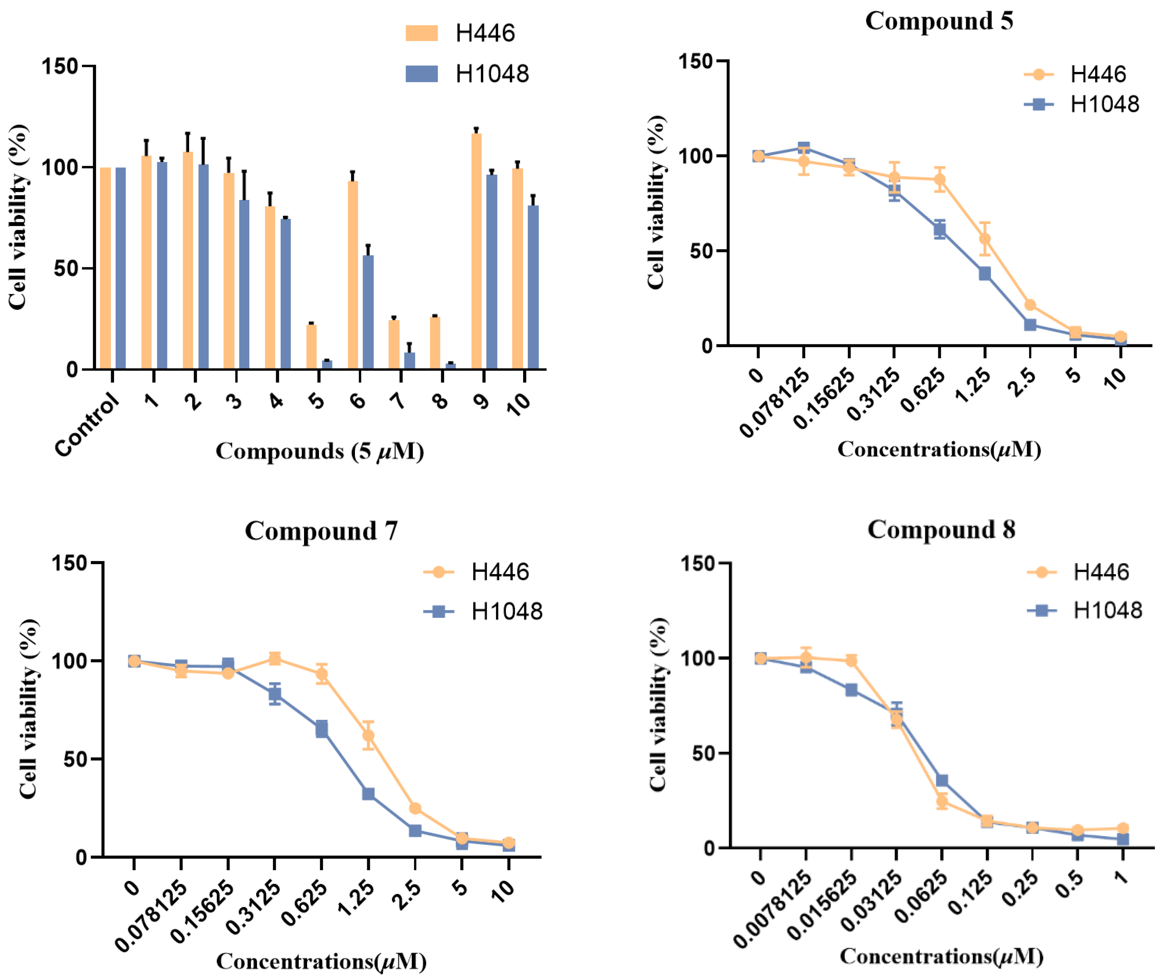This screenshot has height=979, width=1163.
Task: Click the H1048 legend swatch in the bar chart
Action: [421, 74]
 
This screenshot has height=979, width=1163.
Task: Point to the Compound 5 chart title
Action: [939, 21]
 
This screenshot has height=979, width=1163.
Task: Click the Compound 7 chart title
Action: [321, 531]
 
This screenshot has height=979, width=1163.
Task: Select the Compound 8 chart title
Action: [941, 529]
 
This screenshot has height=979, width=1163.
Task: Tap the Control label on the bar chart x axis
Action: [88, 424]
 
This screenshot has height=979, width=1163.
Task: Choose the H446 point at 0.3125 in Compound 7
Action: [275, 659]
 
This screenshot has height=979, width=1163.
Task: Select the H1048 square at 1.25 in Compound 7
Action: [368, 794]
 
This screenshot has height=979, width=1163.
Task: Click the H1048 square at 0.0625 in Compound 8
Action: [942, 780]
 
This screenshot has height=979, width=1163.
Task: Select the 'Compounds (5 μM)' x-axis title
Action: [320, 451]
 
